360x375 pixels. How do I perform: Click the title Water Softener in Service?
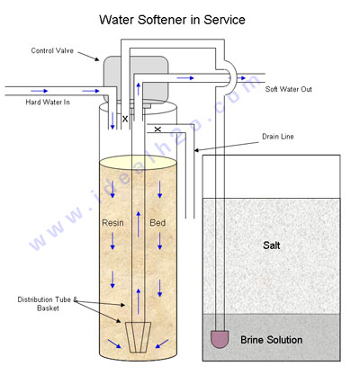172,20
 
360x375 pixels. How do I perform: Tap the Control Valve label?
52,50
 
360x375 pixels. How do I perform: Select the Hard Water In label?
48,103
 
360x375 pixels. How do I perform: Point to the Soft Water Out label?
289,89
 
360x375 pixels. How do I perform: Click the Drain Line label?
278,137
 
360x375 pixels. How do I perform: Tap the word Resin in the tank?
112,223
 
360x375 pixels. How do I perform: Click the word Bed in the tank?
157,223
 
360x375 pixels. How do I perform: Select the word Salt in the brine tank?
272,246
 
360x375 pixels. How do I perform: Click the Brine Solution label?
272,340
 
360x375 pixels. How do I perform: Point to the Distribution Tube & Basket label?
48,304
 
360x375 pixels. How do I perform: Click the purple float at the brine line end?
220,339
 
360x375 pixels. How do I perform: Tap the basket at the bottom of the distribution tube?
138,337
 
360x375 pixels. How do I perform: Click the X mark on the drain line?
157,129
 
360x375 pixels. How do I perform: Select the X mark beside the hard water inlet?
125,119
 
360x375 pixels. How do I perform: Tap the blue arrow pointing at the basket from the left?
114,344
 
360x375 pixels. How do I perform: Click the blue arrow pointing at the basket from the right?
162,344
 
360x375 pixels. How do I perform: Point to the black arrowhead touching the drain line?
197,150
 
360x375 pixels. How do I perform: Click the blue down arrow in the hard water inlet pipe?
112,121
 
